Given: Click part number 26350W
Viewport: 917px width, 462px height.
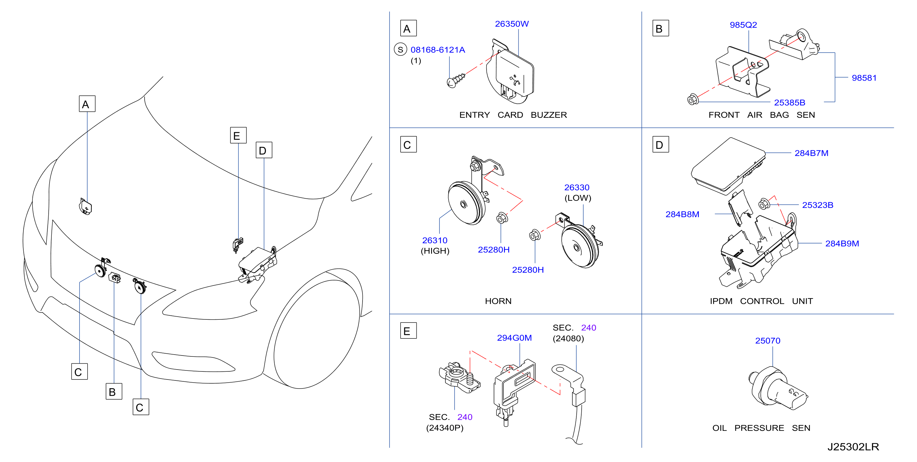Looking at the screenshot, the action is pos(511,24).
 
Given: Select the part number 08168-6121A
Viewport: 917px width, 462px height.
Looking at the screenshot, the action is pos(438,50).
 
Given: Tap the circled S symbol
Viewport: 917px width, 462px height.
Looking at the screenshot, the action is pos(401,49).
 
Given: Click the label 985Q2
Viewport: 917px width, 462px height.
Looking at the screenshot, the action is pos(743,25).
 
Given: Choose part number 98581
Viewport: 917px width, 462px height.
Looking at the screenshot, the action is pos(864,78).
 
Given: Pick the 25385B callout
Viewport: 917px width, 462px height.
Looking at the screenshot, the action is pos(790,102).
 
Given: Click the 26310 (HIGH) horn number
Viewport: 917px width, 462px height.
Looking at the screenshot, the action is pos(434,240).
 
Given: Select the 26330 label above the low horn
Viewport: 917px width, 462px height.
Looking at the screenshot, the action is pos(577,187).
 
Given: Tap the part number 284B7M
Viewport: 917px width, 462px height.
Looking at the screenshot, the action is pos(811,153).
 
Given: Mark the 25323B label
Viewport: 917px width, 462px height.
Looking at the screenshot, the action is pos(817,205).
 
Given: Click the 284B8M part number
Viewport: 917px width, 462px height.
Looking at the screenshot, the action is pos(682,214).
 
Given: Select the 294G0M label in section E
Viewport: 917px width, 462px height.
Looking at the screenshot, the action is pos(514,337).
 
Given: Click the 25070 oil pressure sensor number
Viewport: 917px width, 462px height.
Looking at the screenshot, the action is pos(767,340).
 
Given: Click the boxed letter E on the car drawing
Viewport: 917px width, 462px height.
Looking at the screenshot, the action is pos(238,135).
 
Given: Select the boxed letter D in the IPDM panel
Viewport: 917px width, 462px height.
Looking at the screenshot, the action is pos(660,144).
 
